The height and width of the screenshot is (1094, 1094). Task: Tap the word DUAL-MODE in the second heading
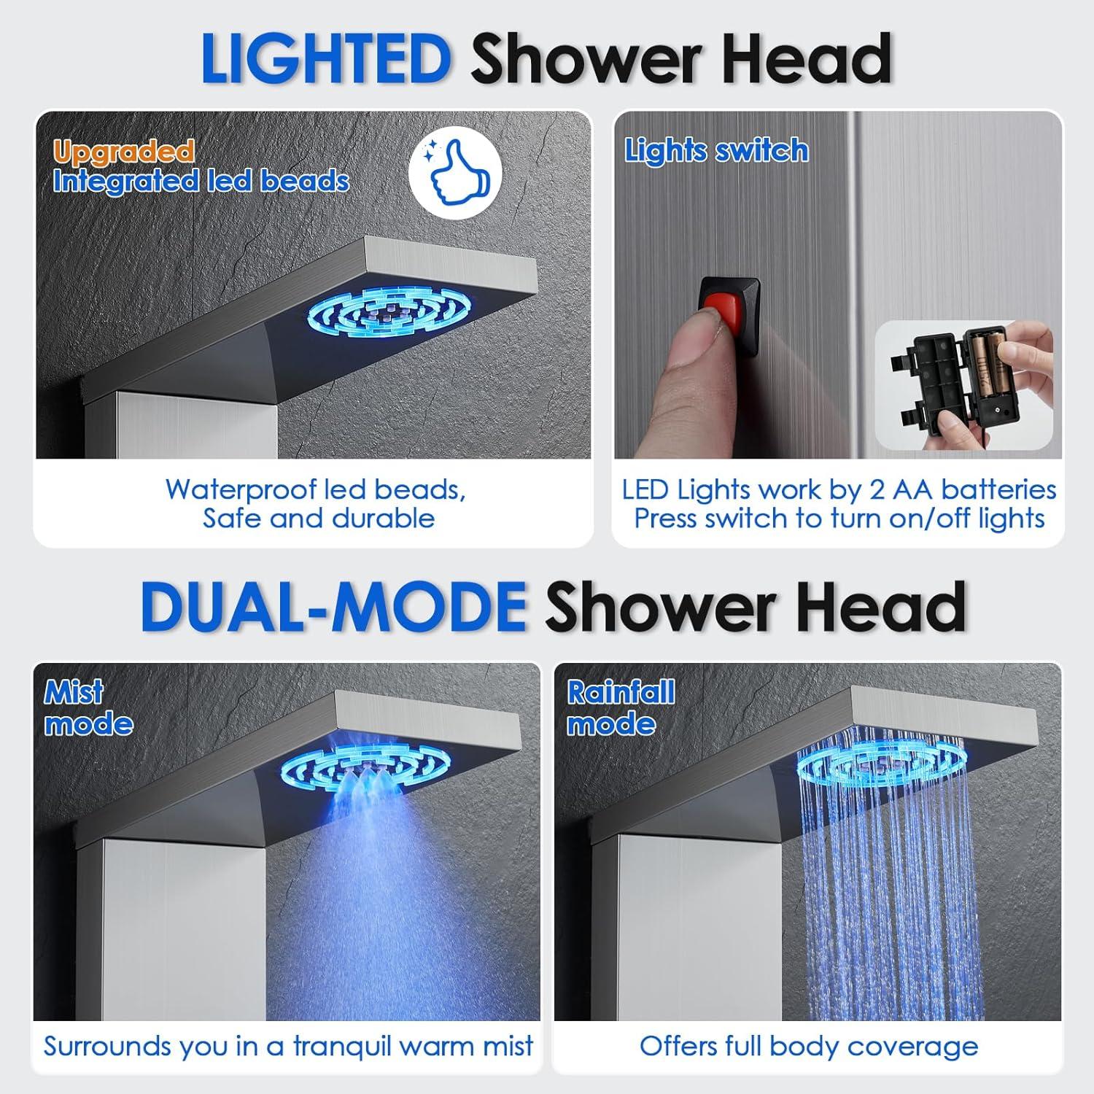[333, 608]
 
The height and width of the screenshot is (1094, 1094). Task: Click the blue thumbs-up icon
[454, 175]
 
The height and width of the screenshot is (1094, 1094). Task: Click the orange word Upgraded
[123, 152]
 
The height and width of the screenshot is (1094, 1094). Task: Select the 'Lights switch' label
[716, 151]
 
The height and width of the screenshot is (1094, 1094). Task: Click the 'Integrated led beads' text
[201, 182]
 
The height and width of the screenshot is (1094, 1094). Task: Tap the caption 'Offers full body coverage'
[808, 1046]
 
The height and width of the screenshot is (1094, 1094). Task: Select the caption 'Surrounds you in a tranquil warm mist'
[288, 1046]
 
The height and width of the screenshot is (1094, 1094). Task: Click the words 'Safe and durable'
[319, 519]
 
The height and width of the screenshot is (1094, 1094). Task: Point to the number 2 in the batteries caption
[877, 489]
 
